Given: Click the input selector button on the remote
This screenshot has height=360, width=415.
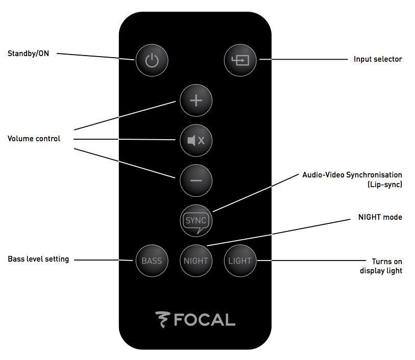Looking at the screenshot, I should tap(240, 60).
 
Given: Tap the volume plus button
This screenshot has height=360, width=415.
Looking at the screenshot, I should tap(196, 100).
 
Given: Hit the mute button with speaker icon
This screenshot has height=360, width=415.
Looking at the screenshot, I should tap(196, 140).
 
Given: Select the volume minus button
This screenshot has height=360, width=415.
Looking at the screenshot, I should tap(196, 180).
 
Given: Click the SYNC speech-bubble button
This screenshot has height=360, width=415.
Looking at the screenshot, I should tap(196, 221).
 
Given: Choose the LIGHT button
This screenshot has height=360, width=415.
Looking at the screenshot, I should tap(240, 261).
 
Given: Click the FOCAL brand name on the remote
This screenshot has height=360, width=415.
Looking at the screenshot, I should tap(204, 320).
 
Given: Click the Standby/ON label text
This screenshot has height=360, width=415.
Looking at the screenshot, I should tap(29, 53).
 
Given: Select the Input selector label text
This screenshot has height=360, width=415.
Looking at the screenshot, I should tap(378, 59).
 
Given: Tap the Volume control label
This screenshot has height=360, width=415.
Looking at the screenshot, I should tap(34, 139).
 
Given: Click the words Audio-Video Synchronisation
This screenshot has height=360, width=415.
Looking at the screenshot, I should tap(352, 175).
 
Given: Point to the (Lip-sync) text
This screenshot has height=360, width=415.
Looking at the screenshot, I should tap(384, 184).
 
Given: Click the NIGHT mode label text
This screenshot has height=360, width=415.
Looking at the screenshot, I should tap(380, 217).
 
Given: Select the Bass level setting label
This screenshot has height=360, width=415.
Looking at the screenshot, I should tap(38, 259).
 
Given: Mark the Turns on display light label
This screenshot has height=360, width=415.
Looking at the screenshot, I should tap(381, 266).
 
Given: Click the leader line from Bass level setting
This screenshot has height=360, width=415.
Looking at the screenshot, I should tap(102, 260).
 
